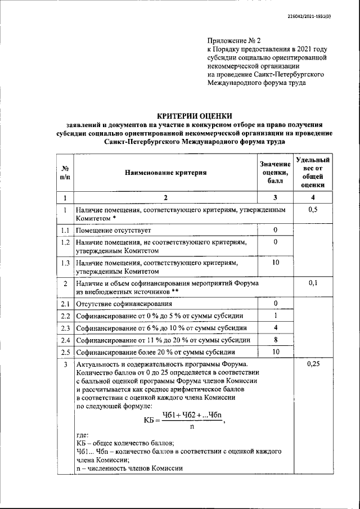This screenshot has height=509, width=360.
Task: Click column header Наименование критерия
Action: tap(165, 173)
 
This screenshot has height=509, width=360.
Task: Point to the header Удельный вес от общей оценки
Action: tap(313, 173)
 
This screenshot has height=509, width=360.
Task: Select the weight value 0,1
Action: tap(314, 283)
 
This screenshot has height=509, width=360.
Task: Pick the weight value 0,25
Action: tap(314, 364)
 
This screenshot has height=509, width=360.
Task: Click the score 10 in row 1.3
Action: tap(276, 263)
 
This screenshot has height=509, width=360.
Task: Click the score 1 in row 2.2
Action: tap(276, 316)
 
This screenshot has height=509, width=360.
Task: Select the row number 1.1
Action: tap(65, 231)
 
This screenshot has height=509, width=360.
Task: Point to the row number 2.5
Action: tap(65, 353)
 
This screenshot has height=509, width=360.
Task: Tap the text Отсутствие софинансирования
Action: tap(123, 304)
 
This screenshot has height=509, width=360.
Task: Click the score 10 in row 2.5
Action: tap(276, 353)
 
